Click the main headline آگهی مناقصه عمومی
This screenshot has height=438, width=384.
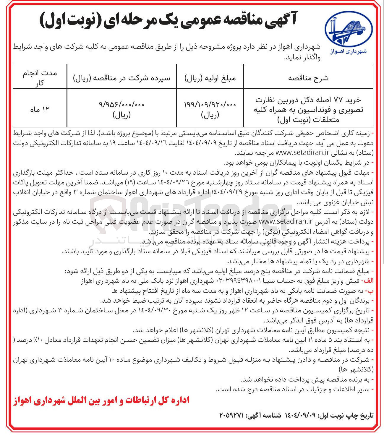point(168,20)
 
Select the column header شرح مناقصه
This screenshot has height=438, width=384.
point(308,78)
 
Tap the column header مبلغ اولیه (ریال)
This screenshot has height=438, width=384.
point(210,78)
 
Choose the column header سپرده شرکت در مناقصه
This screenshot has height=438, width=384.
point(121,78)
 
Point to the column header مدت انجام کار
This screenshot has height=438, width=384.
point(40,78)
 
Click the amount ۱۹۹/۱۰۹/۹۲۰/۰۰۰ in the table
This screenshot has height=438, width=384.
point(210,104)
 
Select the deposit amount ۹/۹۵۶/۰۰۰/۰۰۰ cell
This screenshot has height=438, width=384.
point(121,104)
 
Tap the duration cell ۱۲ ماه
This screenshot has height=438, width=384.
point(40,109)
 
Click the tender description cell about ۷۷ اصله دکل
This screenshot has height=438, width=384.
point(308,109)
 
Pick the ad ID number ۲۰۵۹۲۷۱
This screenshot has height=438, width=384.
point(231,415)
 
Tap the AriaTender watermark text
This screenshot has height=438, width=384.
point(189,207)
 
